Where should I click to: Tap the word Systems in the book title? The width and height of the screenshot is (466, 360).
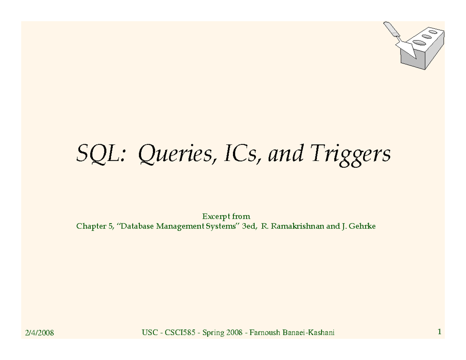pos(221,226)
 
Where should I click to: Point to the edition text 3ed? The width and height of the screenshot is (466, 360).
pos(250,226)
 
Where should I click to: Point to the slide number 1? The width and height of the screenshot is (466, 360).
pos(439,332)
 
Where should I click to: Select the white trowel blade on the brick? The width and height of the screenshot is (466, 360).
pos(406,47)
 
